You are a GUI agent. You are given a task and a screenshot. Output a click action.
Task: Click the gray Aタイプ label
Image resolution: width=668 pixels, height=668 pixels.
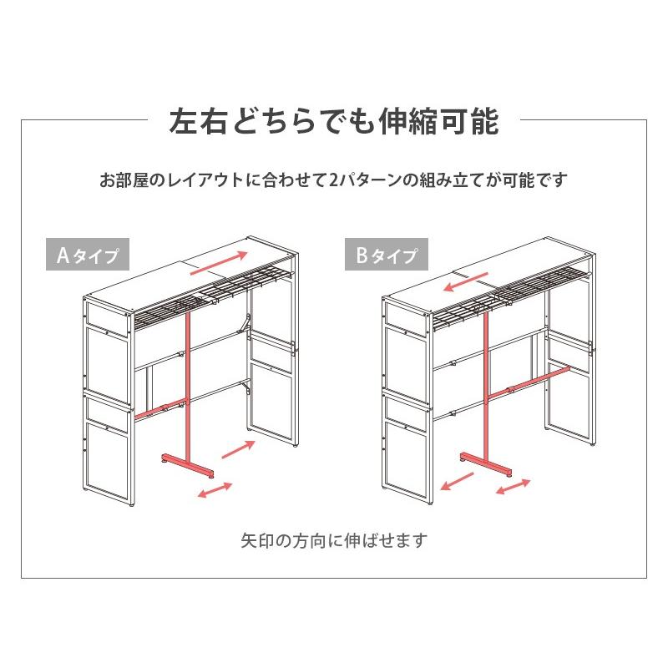(x=87, y=254)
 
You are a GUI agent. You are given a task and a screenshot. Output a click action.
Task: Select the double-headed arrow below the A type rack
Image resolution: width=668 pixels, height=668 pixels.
(x=215, y=490)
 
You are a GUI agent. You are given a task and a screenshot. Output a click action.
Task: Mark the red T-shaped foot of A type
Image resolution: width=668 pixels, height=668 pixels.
(x=185, y=464)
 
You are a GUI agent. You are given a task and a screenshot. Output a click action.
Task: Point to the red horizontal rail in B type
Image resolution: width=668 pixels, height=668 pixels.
(x=539, y=379)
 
